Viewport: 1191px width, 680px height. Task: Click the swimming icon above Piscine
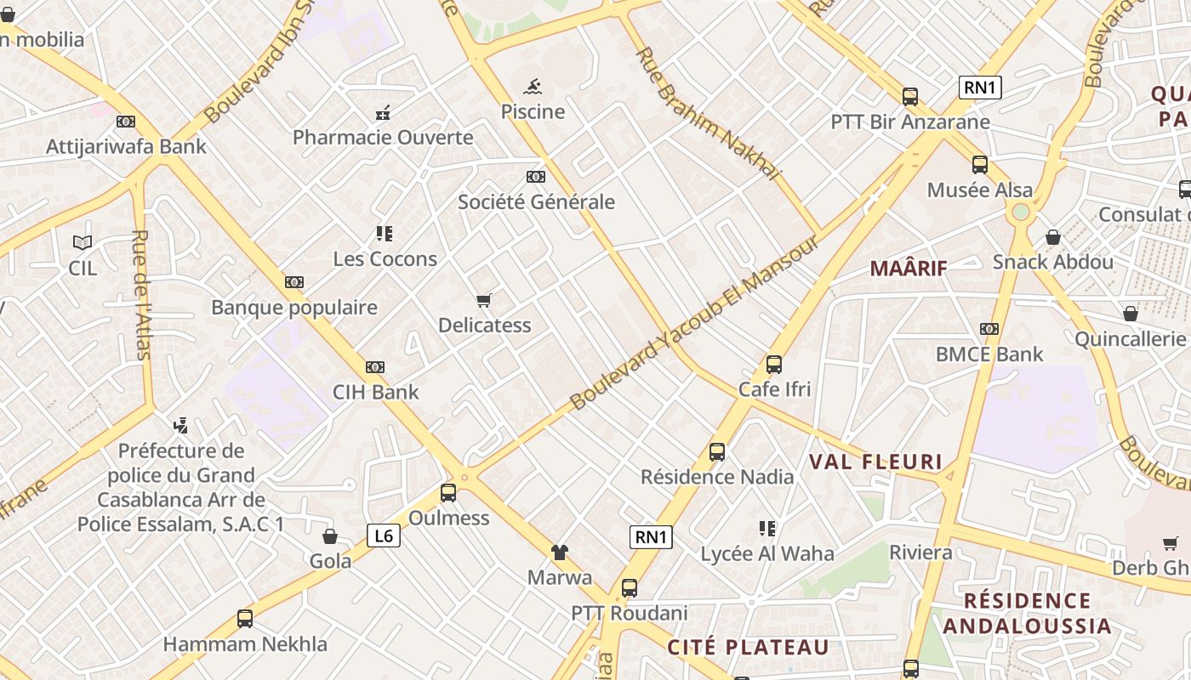tap(533, 86)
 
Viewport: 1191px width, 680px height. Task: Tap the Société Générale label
tap(536, 202)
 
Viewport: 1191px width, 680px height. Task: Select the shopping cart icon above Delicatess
tap(484, 300)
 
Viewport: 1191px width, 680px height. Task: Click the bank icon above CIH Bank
tap(375, 367)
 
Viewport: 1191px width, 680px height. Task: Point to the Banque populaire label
tap(294, 308)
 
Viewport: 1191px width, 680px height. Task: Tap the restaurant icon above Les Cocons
tap(385, 233)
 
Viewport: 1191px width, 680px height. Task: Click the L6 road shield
tap(384, 535)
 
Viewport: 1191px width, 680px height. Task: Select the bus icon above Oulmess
tap(448, 492)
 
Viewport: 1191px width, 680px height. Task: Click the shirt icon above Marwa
tap(559, 552)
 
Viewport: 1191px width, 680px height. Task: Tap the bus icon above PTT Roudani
tap(630, 587)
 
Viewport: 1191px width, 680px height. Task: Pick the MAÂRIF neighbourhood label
tap(909, 269)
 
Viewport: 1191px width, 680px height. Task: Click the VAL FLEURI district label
tap(875, 462)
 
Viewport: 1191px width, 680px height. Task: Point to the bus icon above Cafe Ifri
tap(774, 365)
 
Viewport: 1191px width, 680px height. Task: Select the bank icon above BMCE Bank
tap(989, 329)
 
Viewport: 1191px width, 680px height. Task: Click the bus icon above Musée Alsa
tap(980, 165)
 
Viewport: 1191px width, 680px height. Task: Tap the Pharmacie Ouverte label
tap(383, 138)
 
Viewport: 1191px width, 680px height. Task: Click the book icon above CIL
tap(83, 242)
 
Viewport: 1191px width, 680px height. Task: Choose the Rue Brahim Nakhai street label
tap(708, 113)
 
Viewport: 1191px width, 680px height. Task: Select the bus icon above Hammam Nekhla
tap(245, 619)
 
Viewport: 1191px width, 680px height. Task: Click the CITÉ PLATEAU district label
tap(748, 648)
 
